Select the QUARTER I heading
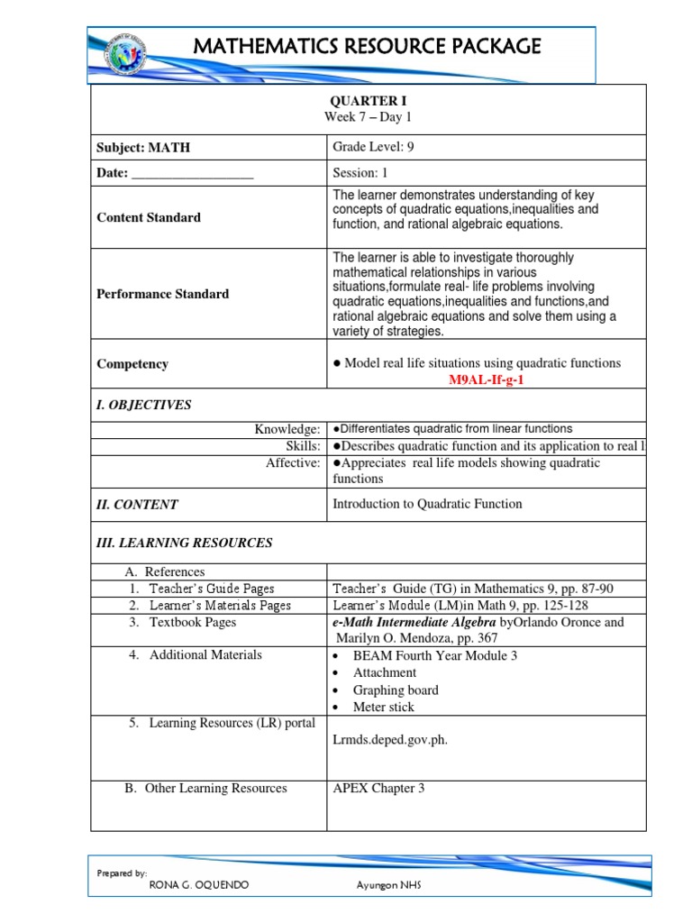tap(369, 101)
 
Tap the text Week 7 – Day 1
tap(369, 118)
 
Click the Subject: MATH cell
tap(143, 148)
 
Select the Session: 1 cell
tap(360, 172)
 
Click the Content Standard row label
tap(149, 217)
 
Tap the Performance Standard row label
tap(162, 294)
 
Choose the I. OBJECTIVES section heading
tap(144, 405)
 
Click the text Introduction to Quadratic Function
tap(427, 504)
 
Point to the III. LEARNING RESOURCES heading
tap(184, 543)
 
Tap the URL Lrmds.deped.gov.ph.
tap(390, 740)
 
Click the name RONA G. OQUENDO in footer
tap(198, 884)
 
